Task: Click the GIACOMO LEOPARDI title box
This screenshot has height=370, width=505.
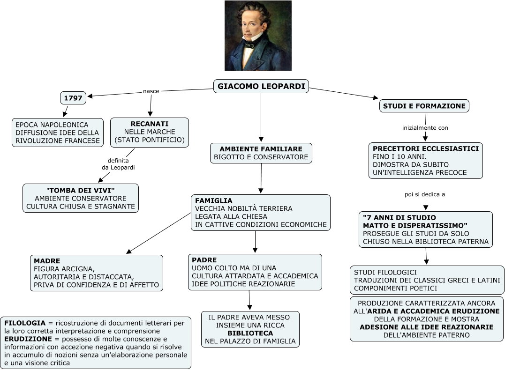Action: pyautogui.click(x=261, y=86)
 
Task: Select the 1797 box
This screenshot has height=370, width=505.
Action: pyautogui.click(x=73, y=98)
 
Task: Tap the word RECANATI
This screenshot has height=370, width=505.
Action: pyautogui.click(x=150, y=124)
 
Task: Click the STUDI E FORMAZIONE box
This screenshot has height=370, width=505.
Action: pyautogui.click(x=424, y=106)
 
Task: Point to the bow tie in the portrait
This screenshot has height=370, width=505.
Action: pyautogui.click(x=249, y=45)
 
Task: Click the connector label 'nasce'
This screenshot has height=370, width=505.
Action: pyautogui.click(x=151, y=91)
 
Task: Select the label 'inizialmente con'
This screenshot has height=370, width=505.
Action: pyautogui.click(x=425, y=127)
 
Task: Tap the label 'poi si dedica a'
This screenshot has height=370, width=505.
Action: pyautogui.click(x=425, y=194)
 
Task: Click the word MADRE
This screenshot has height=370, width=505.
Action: pyautogui.click(x=47, y=260)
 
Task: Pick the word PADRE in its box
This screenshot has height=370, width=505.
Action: pyautogui.click(x=204, y=260)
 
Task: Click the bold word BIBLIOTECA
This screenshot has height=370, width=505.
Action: pyautogui.click(x=250, y=333)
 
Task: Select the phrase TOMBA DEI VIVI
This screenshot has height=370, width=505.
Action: pyautogui.click(x=81, y=190)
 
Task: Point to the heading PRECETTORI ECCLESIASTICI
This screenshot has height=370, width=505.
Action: pyautogui.click(x=426, y=148)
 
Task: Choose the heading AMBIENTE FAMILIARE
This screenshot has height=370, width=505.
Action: pyautogui.click(x=261, y=149)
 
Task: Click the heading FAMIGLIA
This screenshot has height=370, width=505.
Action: pyautogui.click(x=214, y=200)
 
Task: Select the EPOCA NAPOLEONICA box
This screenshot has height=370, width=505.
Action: pyautogui.click(x=58, y=133)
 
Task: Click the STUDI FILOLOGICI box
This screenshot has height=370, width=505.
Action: pyautogui.click(x=427, y=280)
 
